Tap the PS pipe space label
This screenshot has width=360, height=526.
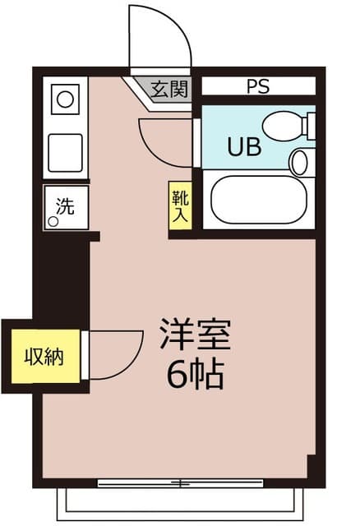pos(257,86)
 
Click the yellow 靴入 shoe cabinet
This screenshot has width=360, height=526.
pos(179,205)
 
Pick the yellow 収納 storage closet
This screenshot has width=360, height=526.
pos(44,358)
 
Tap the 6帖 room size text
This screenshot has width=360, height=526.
pos(196,375)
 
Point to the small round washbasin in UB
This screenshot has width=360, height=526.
pos(299,161)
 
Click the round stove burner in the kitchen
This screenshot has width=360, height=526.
pos(64,102)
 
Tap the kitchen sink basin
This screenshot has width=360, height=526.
pos(65,152)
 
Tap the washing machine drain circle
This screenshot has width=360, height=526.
pos(53,221)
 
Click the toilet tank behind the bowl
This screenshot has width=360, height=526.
pos(309,126)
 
